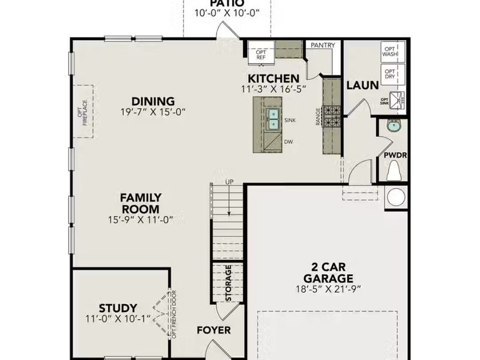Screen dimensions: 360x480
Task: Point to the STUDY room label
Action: point(118,308)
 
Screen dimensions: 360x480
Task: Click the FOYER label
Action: point(214,330)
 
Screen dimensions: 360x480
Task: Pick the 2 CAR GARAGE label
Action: point(328,273)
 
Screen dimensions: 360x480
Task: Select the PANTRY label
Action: point(323,46)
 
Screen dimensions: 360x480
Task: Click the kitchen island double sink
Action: point(274,119)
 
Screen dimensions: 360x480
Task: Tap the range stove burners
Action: point(332,116)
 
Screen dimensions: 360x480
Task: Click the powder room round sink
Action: point(394,126)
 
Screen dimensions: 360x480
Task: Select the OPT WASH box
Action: point(390,52)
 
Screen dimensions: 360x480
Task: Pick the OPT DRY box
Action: point(390,75)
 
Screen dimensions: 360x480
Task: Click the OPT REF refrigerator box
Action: point(261,53)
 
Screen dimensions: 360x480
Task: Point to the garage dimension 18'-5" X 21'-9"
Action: point(328,289)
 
